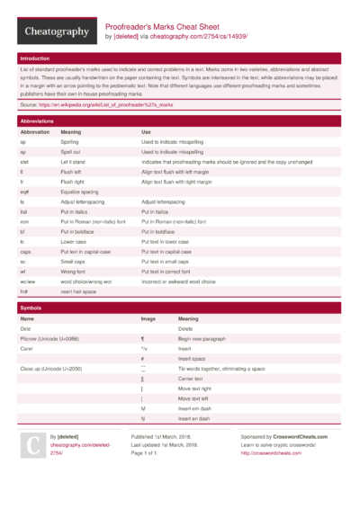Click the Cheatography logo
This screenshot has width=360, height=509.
[56, 32]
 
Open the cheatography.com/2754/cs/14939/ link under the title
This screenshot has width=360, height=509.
[197, 38]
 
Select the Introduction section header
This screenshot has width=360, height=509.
[36, 58]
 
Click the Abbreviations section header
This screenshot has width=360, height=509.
[37, 120]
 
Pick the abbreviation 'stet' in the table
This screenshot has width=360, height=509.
[25, 161]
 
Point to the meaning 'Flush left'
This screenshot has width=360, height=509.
[72, 171]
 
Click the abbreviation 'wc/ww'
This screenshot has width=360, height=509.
[28, 281]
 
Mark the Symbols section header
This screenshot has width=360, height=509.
[31, 308]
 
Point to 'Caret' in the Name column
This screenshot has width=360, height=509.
[27, 348]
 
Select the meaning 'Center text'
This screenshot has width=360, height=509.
[194, 379]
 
